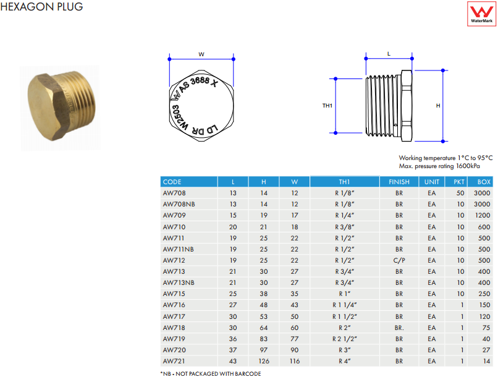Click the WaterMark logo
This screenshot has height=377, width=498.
point(481,14)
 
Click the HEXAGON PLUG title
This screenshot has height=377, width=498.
point(41,7)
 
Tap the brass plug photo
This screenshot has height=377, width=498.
point(61,106)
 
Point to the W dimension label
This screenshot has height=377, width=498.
point(201,54)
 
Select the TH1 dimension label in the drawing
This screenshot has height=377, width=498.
point(327,106)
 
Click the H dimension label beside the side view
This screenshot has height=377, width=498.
point(438,106)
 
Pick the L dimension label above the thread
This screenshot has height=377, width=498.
point(389,54)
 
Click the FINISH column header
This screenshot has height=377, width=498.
point(399,182)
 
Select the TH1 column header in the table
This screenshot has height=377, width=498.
point(344,182)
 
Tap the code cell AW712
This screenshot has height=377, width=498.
point(174,260)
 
